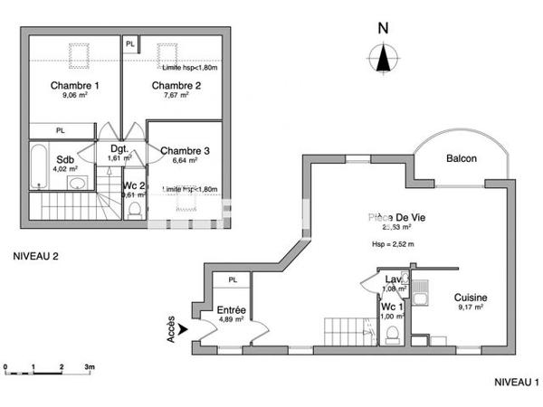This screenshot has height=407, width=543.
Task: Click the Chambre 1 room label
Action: click(74, 86)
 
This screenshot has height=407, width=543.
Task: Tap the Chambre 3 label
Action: click(186, 150)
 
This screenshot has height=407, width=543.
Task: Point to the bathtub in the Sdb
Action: click(40, 165)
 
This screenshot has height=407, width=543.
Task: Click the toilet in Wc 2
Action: click(134, 209)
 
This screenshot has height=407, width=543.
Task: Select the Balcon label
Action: click(462, 159)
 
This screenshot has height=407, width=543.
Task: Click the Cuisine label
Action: click(472, 298)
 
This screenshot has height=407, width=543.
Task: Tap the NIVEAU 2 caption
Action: click(35, 257)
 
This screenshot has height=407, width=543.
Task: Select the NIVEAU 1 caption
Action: click(516, 383)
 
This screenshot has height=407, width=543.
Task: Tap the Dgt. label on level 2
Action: click(119, 148)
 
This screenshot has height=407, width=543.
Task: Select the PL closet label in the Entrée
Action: click(233, 280)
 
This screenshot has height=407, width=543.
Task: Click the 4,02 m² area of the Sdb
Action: click(65, 169)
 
